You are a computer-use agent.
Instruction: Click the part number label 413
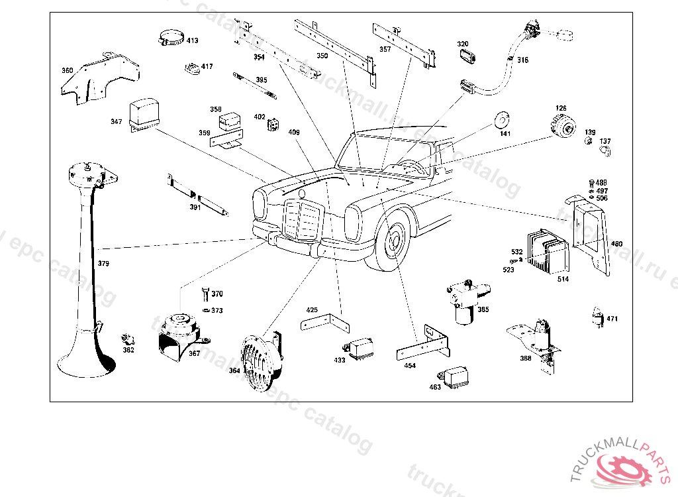pyautogui.click(x=192, y=41)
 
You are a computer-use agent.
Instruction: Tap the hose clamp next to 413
pyautogui.click(x=170, y=37)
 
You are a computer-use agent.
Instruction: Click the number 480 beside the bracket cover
pyautogui.click(x=616, y=244)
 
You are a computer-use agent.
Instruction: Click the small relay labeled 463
pyautogui.click(x=457, y=376)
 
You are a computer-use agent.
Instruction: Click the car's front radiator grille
pyautogui.click(x=302, y=220)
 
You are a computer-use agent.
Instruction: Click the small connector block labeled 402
pyautogui.click(x=272, y=123)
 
